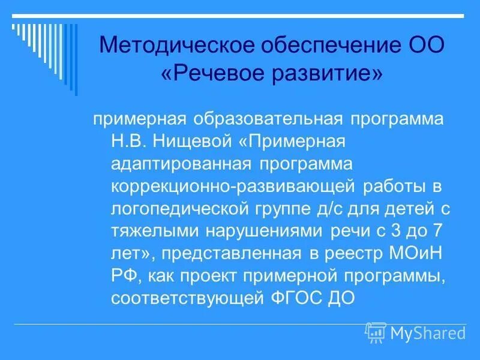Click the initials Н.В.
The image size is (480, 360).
129,140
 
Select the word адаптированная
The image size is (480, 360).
182,163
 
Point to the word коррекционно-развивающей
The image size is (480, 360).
233,186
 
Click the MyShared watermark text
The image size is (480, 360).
428,332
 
